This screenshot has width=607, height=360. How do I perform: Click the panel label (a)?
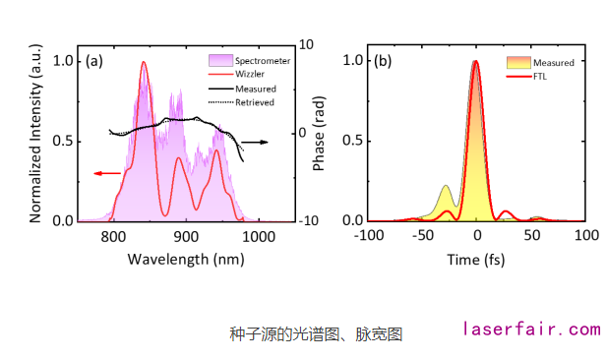94,61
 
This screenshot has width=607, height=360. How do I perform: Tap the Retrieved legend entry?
253,101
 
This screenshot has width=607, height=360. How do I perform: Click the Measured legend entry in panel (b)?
551,62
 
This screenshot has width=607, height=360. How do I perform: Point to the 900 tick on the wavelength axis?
186,236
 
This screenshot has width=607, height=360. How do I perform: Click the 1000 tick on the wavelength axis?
258,236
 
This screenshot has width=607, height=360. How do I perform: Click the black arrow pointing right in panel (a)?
256,142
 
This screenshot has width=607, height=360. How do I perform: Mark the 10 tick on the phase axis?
306,45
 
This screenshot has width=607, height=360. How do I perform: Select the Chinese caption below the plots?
316,333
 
